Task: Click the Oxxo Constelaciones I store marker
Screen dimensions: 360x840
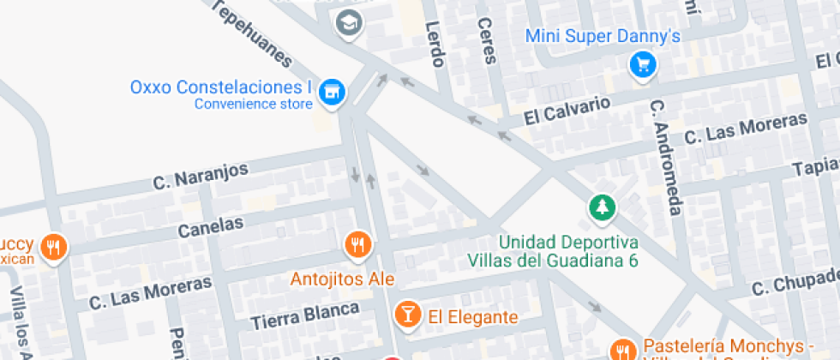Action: pos(330,91)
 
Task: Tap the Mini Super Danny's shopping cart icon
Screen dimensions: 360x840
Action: pos(642,64)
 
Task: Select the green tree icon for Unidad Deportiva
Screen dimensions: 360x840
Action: pos(602,207)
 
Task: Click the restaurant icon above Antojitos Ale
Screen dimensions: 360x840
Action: pos(357,245)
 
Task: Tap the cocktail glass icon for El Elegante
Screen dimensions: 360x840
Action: pos(407,315)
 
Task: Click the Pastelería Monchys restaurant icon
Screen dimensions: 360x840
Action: pos(622,350)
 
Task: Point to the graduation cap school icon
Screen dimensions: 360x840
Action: pos(349,23)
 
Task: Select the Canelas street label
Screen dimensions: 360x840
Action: pos(211,227)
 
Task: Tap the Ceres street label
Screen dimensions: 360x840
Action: pos(487,41)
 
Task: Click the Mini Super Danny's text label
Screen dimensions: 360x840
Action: pos(602,36)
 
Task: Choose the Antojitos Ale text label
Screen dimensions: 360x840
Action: pos(342,279)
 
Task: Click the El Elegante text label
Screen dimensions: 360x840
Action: pos(473,317)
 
